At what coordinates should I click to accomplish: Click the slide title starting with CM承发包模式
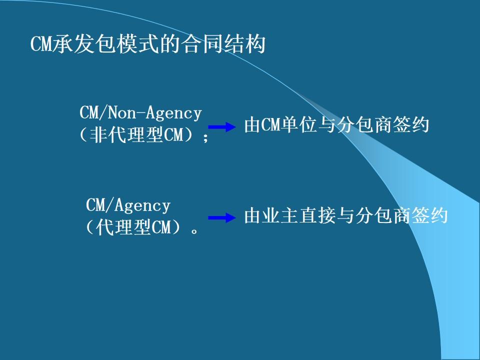[x=147, y=45]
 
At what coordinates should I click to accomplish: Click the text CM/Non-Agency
[x=140, y=113]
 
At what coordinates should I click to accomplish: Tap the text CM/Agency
[x=128, y=205]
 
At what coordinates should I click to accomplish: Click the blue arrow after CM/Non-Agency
[x=221, y=127]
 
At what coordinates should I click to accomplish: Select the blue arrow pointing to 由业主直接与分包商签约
[x=221, y=217]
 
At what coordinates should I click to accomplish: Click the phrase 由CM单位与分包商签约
[x=336, y=125]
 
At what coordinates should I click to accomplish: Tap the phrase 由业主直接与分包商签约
[x=345, y=215]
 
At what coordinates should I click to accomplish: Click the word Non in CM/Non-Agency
[x=122, y=113]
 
